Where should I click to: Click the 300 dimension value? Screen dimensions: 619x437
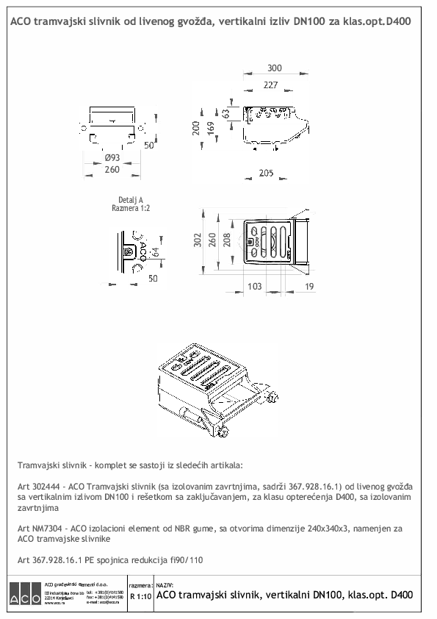[x=274, y=68]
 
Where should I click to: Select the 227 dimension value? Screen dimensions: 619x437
[x=270, y=85]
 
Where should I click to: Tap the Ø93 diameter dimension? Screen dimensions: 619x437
[x=112, y=158]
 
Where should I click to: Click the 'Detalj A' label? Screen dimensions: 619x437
[x=130, y=200]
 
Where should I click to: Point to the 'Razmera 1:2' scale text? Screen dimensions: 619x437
[x=130, y=208]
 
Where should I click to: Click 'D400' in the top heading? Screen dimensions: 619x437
[x=397, y=23]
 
